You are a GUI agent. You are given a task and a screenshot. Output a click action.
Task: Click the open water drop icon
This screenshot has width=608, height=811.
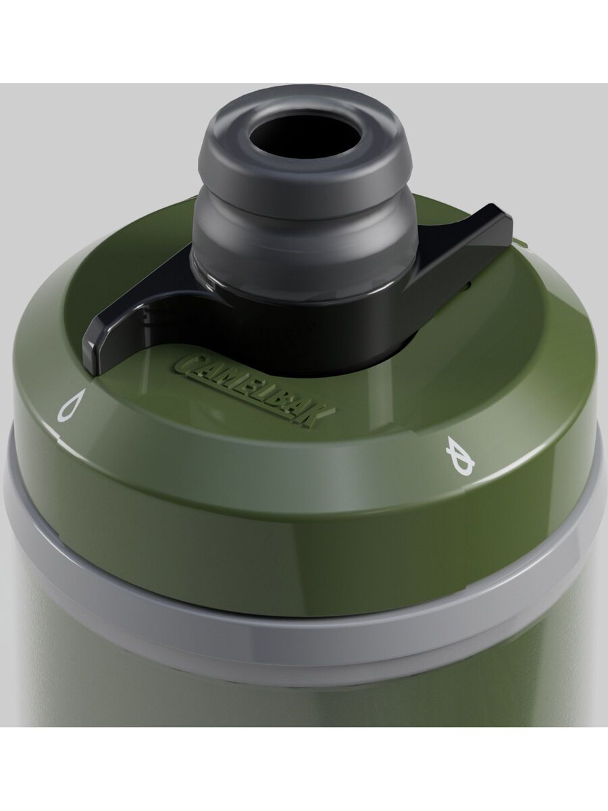tap(70, 405)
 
